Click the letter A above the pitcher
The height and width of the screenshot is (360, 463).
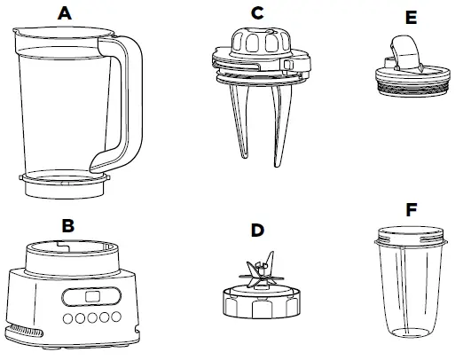pos(63,12)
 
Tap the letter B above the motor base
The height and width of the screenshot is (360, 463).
pos(67,225)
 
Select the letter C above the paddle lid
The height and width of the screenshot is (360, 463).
pos(257,12)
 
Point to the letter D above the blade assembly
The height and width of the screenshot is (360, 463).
pos(257,230)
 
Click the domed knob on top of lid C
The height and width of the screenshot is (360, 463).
pos(258,41)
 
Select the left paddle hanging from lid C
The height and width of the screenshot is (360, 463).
pos(243,124)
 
